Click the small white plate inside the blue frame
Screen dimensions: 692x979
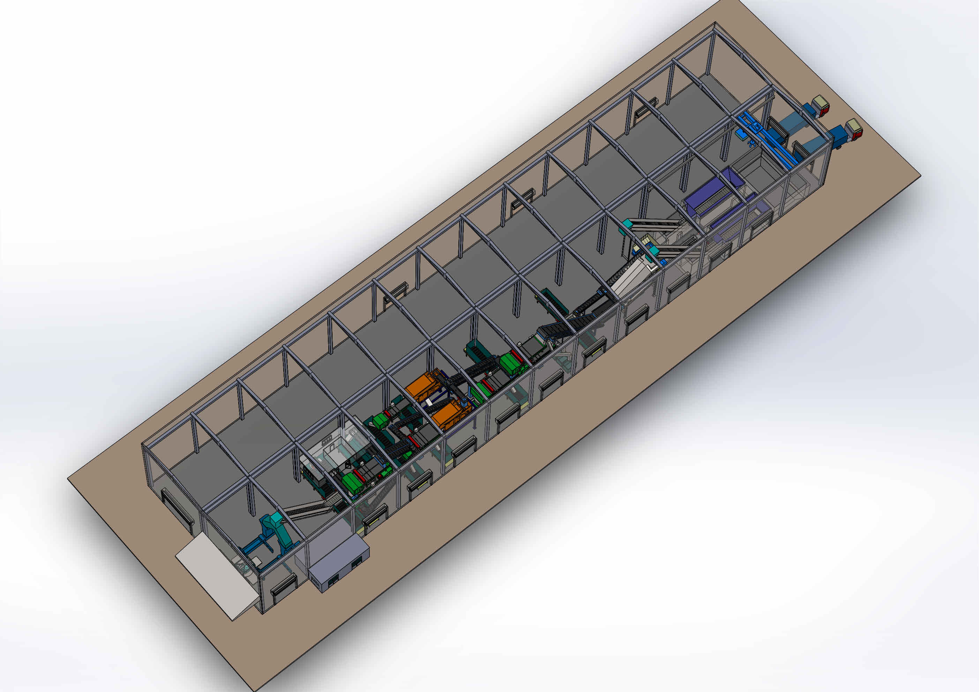pos(257,559)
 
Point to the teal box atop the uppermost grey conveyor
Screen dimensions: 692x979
pos(627,223)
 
